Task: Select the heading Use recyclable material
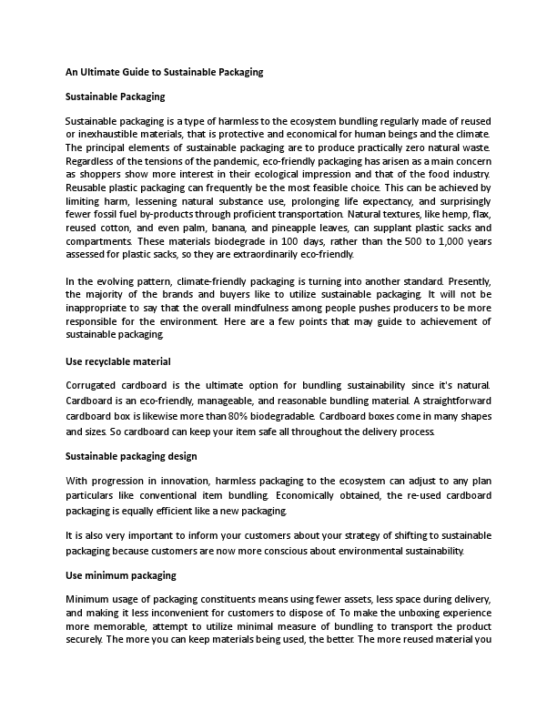coord(118,362)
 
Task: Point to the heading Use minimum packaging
coord(121,575)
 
